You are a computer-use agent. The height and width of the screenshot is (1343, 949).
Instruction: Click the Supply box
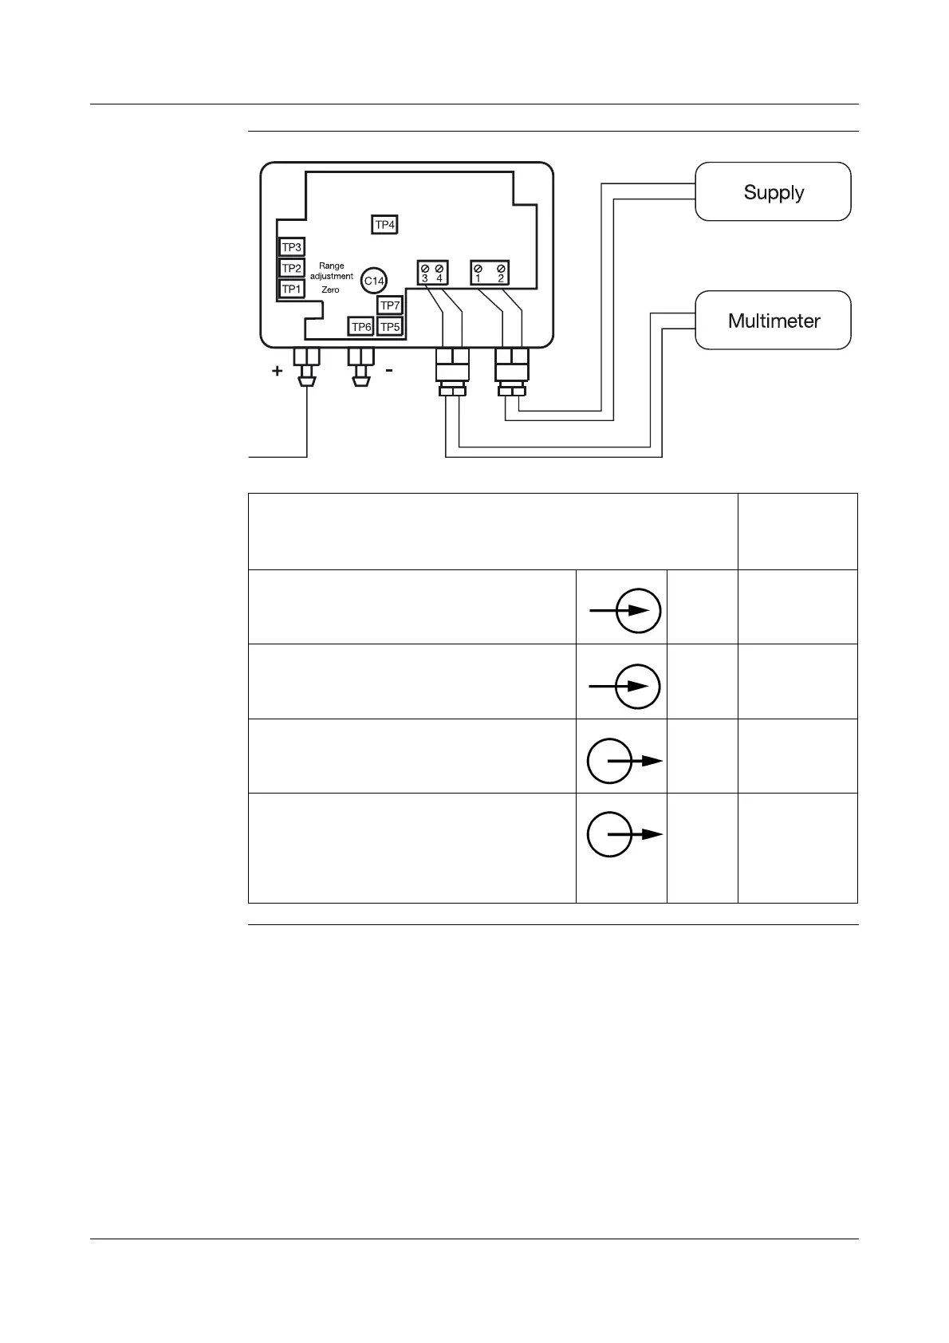[773, 192]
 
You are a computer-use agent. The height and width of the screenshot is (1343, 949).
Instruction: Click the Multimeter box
[773, 321]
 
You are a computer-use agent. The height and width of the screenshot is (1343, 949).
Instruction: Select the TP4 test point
[384, 225]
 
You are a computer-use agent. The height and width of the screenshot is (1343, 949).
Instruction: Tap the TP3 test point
[292, 247]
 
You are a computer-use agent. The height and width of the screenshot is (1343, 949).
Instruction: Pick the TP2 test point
[292, 268]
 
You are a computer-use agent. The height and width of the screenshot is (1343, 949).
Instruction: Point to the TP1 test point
[292, 289]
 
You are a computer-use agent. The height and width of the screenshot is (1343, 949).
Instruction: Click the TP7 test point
[390, 305]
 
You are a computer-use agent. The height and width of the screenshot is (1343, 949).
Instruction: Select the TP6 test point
[361, 327]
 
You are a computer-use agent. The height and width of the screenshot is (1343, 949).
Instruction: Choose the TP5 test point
[390, 327]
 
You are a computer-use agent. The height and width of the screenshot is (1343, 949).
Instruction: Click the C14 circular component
[374, 281]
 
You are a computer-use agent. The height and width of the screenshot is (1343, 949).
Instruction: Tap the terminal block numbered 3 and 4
[432, 273]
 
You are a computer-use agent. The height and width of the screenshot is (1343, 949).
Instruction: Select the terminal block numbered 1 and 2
[490, 273]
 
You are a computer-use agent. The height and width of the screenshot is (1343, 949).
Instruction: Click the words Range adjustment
[331, 271]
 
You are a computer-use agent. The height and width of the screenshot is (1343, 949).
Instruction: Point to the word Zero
[330, 290]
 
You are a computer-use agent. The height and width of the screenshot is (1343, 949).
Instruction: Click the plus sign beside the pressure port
[277, 371]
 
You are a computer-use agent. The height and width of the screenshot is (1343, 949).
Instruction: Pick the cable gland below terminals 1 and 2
[511, 372]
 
